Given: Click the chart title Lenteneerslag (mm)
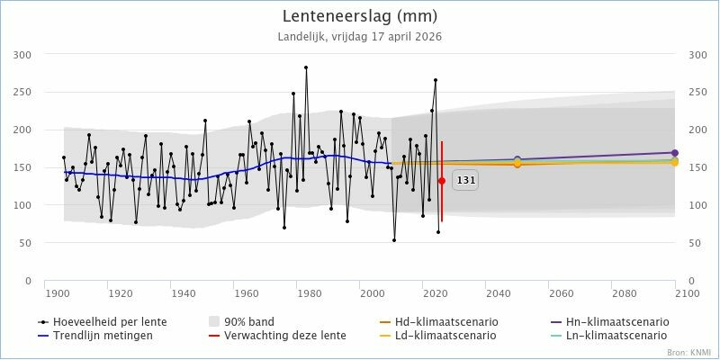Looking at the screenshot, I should click(360, 16).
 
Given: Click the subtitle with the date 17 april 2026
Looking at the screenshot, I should click(360, 37).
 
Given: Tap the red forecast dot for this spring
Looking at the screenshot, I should click(442, 181).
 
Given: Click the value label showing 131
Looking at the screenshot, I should click(466, 180).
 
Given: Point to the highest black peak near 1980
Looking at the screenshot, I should click(306, 67).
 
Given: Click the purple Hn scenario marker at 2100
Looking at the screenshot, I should click(675, 153).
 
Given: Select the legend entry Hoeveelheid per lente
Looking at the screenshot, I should click(91, 321).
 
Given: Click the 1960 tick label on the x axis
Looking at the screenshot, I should click(246, 294).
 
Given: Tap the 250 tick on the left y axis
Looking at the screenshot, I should click(22, 92).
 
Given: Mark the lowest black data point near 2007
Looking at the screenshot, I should click(394, 240).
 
